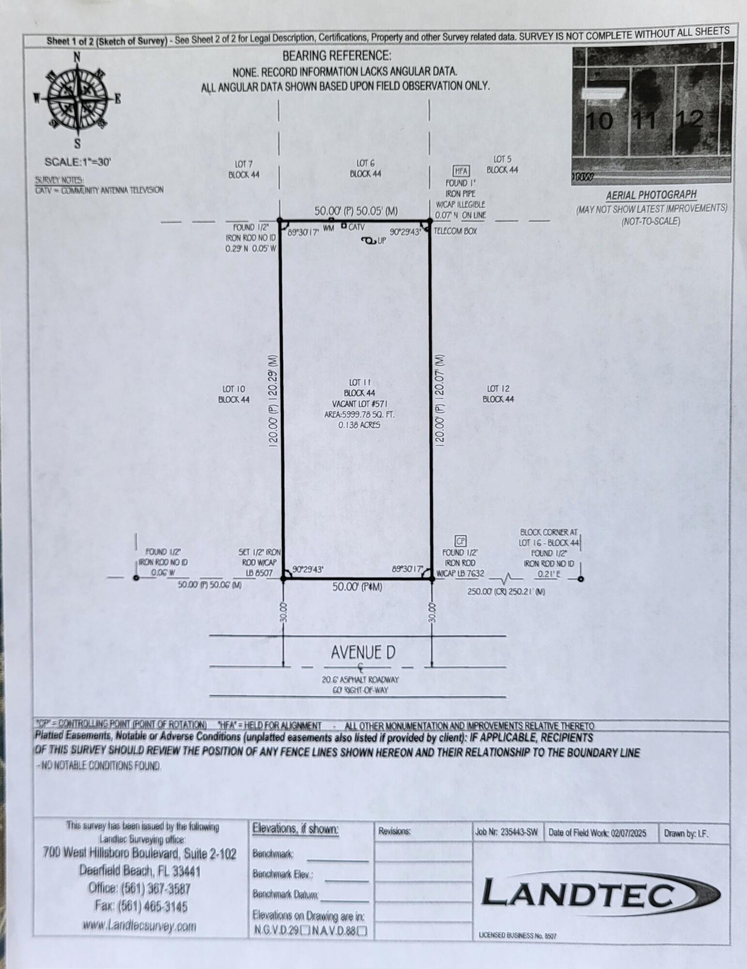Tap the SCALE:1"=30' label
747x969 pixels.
78,162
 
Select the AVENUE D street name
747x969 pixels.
363,653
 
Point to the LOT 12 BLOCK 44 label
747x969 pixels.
498,394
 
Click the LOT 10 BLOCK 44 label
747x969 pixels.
233,394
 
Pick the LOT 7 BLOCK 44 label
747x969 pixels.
244,169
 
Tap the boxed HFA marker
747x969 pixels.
461,171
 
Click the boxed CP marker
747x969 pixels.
460,541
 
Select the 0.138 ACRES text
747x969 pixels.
359,425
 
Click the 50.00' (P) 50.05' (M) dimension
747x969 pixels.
356,211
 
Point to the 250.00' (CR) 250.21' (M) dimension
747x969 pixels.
506,592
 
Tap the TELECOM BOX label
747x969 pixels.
455,231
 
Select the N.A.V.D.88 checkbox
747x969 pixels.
362,931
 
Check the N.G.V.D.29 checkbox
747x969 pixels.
305,931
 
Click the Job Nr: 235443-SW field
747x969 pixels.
507,833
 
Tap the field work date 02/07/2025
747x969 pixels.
628,833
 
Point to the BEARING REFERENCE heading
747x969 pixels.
337,56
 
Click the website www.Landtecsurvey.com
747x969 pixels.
139,926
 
